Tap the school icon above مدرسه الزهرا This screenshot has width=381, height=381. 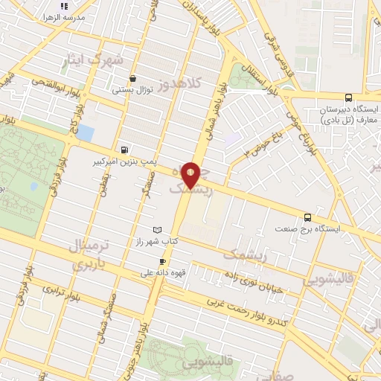[74, 6]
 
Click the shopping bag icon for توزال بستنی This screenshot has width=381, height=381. [132, 78]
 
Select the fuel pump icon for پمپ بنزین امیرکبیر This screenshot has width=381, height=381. [122, 148]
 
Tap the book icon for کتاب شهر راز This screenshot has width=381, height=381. [156, 230]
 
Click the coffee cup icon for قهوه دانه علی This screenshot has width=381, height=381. [163, 261]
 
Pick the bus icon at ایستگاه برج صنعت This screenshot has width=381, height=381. [307, 217]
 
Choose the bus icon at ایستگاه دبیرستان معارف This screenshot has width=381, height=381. [348, 97]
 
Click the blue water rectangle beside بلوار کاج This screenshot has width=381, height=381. [85, 134]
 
